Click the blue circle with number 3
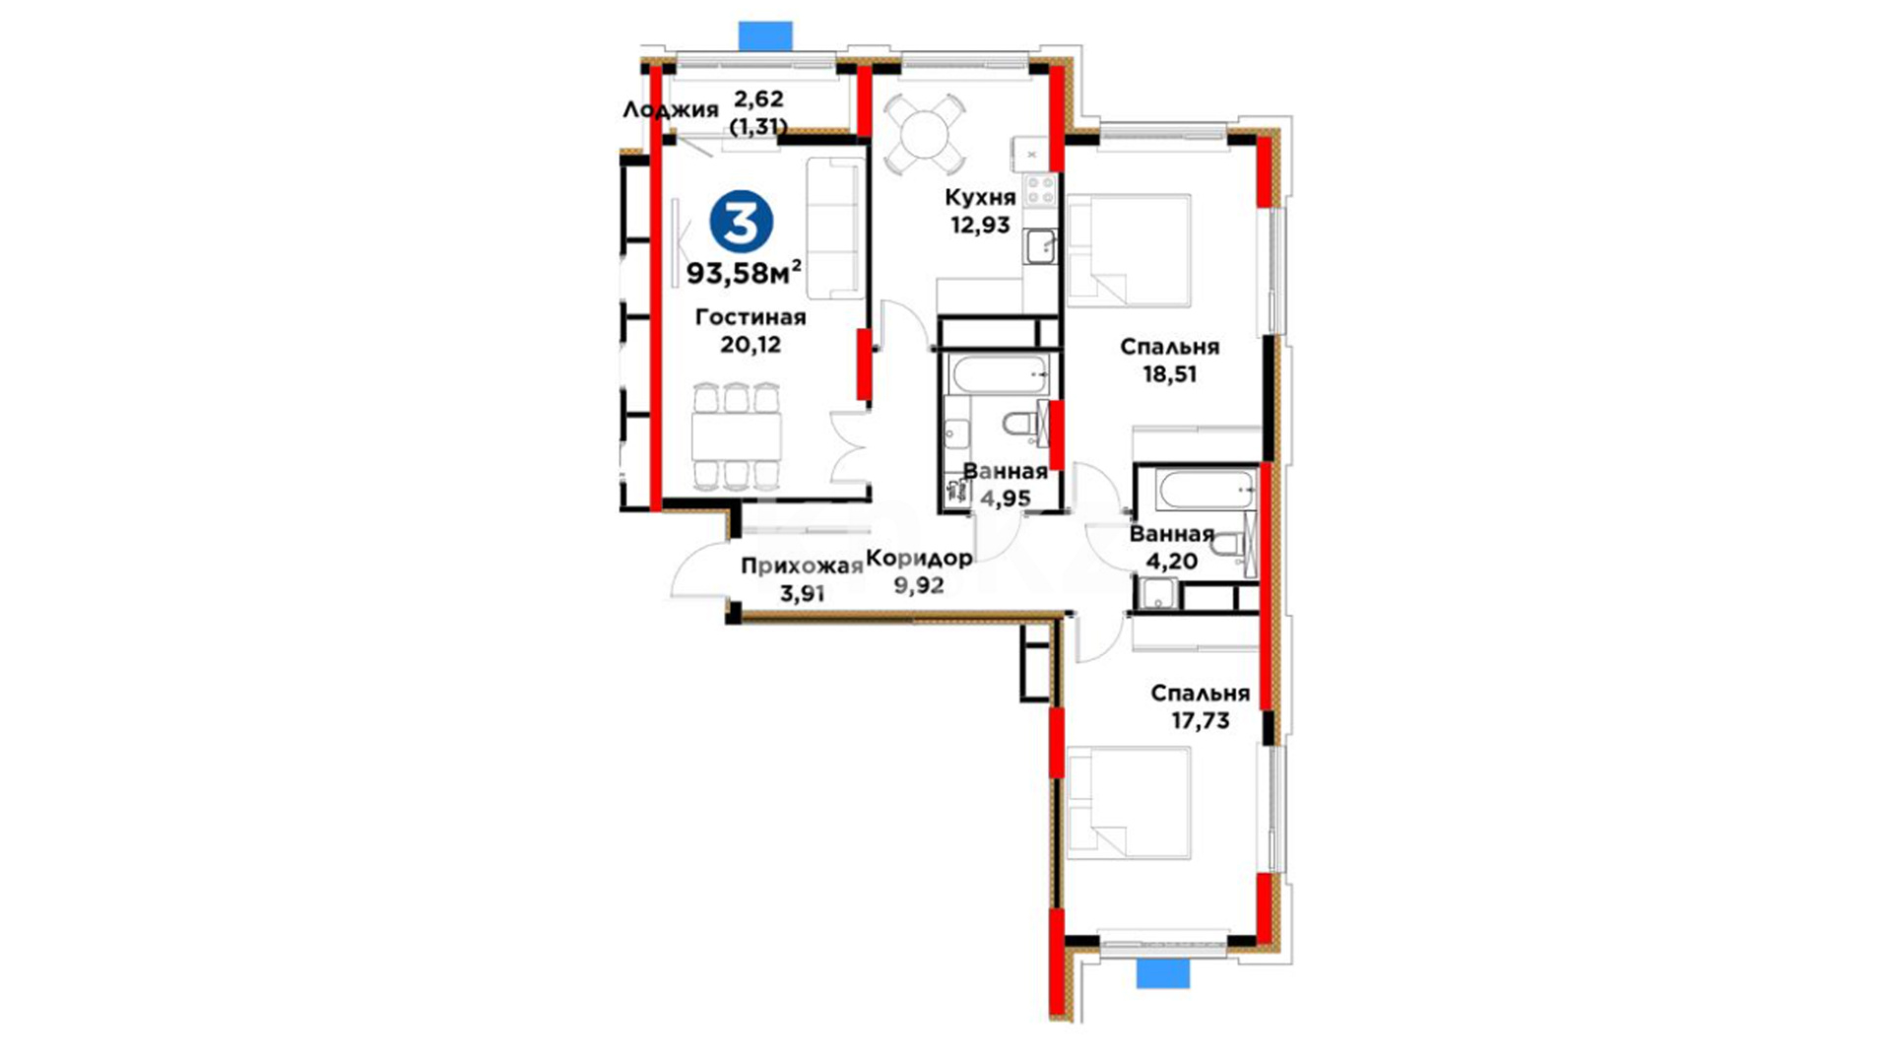(741, 223)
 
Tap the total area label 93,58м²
(744, 272)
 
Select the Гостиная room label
(750, 317)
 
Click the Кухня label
(979, 197)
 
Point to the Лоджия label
(670, 109)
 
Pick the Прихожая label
(801, 565)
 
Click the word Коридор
(919, 559)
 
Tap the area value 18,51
(1170, 374)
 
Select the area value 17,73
(1200, 721)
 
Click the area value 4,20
(1171, 562)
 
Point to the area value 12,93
(980, 225)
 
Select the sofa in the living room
(835, 228)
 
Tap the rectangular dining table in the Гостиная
(737, 435)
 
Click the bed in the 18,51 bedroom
(1129, 250)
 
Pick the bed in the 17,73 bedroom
(1129, 802)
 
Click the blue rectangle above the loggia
(765, 34)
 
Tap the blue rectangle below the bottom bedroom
(1163, 974)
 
